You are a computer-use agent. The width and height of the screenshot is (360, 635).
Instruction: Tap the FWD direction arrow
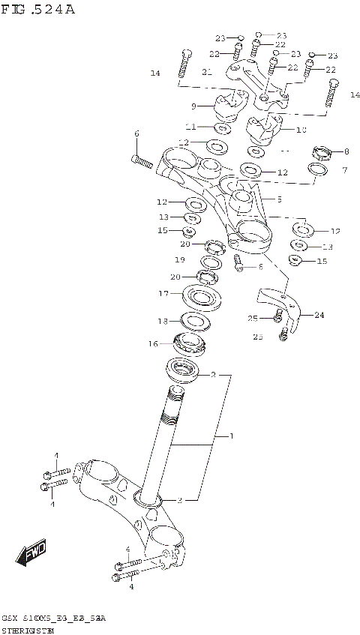tap(31, 556)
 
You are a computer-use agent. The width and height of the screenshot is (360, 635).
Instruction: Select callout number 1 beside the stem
tap(231, 436)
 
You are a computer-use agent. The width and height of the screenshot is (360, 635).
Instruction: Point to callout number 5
tap(279, 199)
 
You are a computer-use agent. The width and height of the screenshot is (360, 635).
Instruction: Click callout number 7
tap(345, 170)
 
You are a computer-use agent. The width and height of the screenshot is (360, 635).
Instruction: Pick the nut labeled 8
tap(322, 154)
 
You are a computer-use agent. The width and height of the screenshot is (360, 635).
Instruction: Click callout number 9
tap(193, 106)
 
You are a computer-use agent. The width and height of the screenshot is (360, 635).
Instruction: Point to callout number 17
tap(163, 294)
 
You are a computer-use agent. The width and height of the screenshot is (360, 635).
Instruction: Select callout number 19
tap(180, 259)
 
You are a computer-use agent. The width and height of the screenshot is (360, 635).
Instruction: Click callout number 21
tap(207, 71)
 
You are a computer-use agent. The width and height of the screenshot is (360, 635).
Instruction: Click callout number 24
tap(319, 315)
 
